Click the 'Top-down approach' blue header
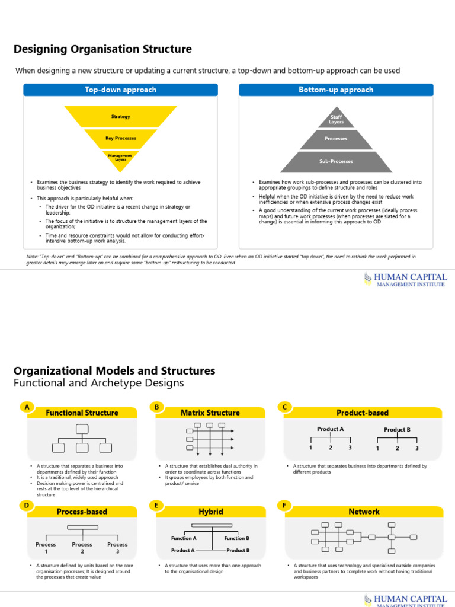click(120, 90)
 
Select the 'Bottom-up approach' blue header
click(336, 90)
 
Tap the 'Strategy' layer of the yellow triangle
click(120, 117)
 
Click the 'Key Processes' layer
click(120, 138)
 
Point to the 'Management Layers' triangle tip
click(120, 158)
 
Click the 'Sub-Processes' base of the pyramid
click(336, 161)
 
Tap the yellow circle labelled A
click(26, 407)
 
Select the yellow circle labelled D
click(26, 506)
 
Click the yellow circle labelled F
click(285, 506)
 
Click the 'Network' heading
click(364, 512)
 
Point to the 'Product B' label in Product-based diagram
click(397, 430)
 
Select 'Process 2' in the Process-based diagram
click(82, 548)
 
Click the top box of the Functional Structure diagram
click(82, 429)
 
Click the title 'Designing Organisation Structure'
click(102, 49)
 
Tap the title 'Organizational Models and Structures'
click(114, 371)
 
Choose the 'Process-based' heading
click(82, 512)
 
